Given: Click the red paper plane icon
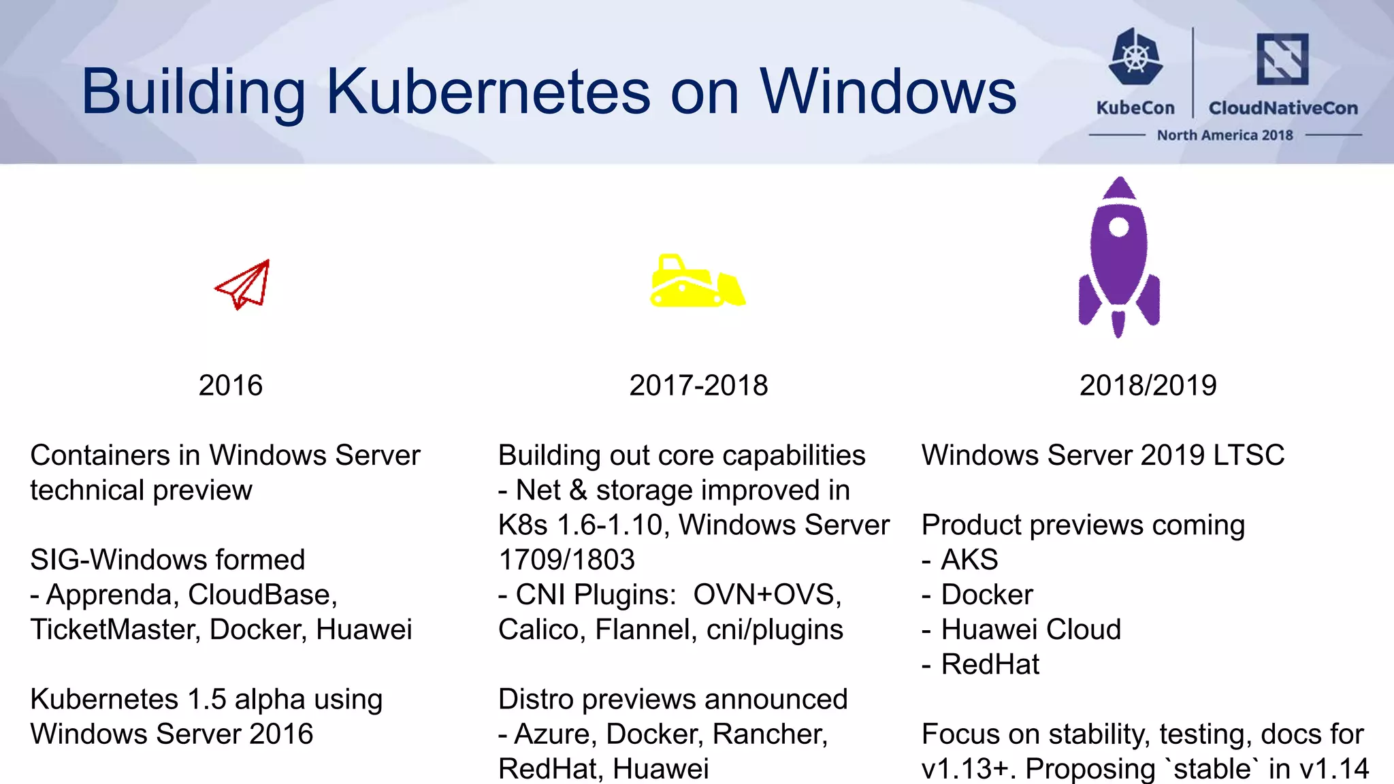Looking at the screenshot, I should (x=243, y=285).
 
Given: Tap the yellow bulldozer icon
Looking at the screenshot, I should (x=696, y=282).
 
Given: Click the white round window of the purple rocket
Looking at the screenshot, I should (x=1118, y=227).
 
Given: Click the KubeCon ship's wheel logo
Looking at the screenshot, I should (x=1135, y=56).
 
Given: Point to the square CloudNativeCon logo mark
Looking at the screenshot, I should (x=1282, y=59).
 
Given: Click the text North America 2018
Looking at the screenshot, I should (x=1225, y=135).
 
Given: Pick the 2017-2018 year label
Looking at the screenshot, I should (x=698, y=385).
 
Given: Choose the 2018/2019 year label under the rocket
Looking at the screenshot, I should (x=1148, y=385).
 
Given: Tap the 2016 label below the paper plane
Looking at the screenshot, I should (x=230, y=385).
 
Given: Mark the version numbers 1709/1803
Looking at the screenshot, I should (x=566, y=560).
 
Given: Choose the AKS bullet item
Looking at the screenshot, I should (x=969, y=560).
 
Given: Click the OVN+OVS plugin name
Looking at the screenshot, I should (x=766, y=595).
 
